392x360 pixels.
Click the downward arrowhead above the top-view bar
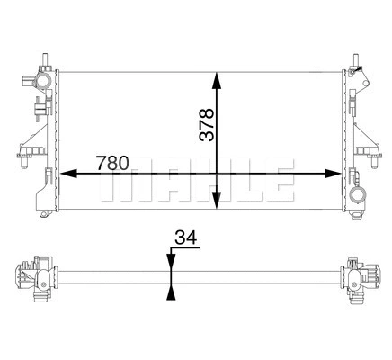(170, 262)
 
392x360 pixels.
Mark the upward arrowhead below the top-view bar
(170, 291)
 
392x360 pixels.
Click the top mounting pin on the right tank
(359, 60)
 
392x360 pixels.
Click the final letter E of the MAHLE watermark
(281, 184)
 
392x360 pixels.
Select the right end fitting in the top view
(360, 274)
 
